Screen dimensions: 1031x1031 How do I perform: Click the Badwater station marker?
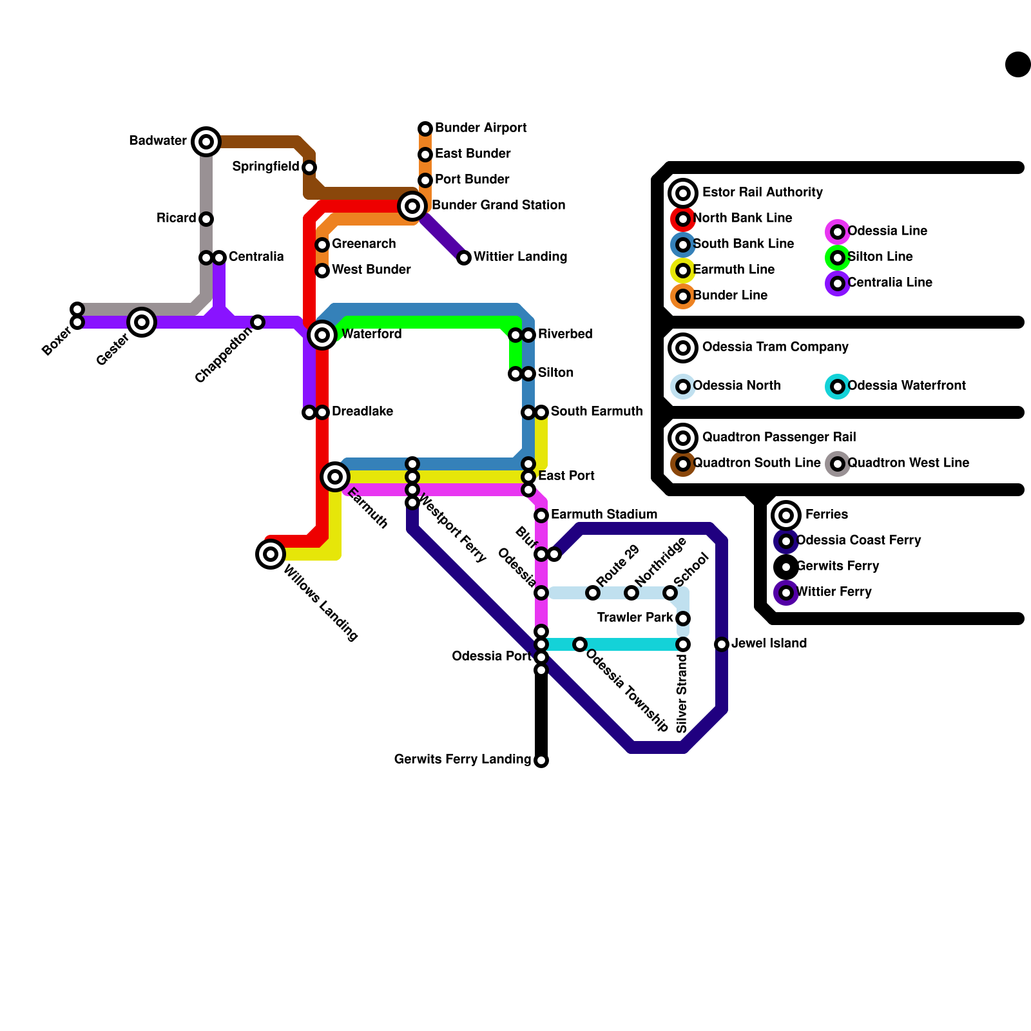(206, 142)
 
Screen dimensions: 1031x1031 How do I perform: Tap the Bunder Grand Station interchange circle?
(412, 206)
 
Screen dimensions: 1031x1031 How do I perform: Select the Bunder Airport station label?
(480, 128)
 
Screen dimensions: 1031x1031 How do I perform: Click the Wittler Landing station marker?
(464, 258)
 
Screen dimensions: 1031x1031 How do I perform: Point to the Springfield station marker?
(309, 168)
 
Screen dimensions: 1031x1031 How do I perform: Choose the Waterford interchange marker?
(322, 335)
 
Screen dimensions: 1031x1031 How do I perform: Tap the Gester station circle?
(142, 322)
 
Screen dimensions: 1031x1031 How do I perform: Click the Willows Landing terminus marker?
(271, 554)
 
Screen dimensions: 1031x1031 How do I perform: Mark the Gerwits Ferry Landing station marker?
(541, 760)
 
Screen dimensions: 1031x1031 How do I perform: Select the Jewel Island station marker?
(722, 644)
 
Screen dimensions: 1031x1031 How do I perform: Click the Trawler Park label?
(635, 617)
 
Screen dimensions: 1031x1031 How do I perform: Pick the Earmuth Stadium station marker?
(541, 515)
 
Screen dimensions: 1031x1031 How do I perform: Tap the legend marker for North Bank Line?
(683, 219)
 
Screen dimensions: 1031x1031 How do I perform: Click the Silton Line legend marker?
(838, 258)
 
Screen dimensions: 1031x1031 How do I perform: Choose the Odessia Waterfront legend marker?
(838, 387)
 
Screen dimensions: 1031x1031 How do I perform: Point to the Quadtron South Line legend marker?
(683, 464)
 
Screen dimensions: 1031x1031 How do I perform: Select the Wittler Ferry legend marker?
(786, 593)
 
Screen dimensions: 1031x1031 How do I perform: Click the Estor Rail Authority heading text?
(762, 192)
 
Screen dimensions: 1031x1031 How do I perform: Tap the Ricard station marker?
(206, 219)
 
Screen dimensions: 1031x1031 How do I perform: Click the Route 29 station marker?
(593, 593)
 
